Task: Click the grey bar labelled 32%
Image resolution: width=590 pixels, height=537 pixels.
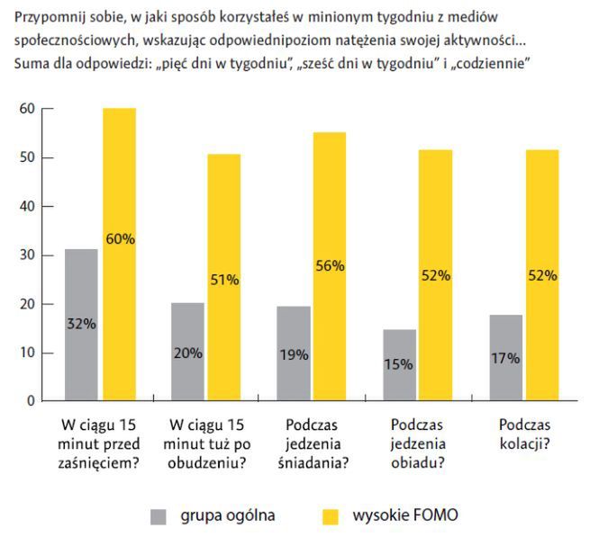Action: point(82,325)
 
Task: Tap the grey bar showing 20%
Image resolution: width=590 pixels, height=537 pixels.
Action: point(187,352)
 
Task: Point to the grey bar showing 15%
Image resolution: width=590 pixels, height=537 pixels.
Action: point(398,365)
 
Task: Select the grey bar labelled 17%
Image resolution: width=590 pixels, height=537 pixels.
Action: point(504,358)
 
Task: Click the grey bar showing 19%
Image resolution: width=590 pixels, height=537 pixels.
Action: point(293,354)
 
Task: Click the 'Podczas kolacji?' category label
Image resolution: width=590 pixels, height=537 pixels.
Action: point(525,433)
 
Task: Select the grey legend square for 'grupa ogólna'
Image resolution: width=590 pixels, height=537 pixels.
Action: point(159,516)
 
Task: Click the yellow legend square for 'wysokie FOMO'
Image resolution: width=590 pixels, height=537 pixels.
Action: point(331,516)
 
